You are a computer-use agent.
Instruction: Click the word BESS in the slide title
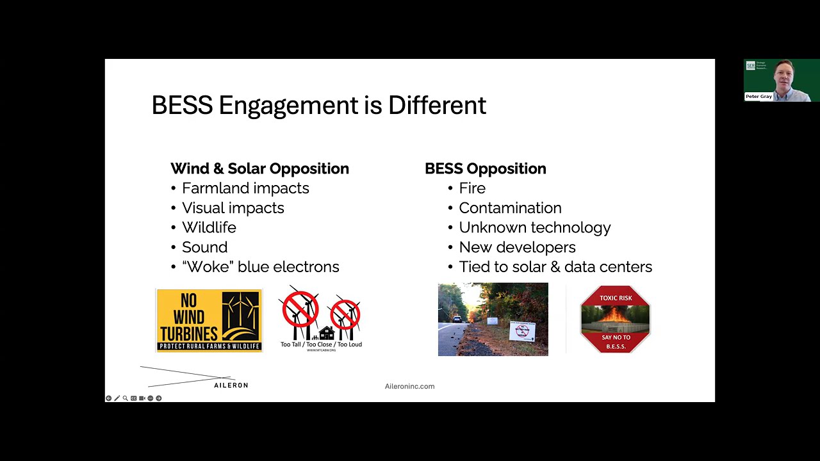[x=182, y=106]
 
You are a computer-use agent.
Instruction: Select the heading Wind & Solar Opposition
[x=259, y=168]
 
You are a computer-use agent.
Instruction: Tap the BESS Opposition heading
[x=485, y=168]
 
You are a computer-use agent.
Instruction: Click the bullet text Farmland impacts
[x=245, y=188]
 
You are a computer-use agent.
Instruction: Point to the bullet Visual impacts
[x=233, y=208]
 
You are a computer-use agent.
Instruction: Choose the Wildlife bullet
[x=209, y=227]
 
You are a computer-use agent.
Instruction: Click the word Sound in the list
[x=204, y=247]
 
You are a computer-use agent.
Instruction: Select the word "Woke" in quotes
[x=207, y=267]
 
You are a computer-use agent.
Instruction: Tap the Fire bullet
[x=472, y=188]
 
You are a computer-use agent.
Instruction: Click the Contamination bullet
[x=510, y=208]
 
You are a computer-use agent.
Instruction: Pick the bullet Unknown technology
[x=534, y=227]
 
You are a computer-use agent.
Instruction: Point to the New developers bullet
[x=517, y=247]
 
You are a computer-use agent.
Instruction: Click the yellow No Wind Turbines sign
[x=209, y=319]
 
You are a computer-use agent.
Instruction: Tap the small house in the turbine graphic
[x=326, y=333]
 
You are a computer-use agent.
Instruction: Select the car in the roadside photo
[x=457, y=319]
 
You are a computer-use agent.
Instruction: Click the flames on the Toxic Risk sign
[x=615, y=315]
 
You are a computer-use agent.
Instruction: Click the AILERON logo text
[x=231, y=385]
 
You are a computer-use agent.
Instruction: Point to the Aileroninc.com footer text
[x=409, y=386]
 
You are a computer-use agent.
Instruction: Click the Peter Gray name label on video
[x=758, y=97]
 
